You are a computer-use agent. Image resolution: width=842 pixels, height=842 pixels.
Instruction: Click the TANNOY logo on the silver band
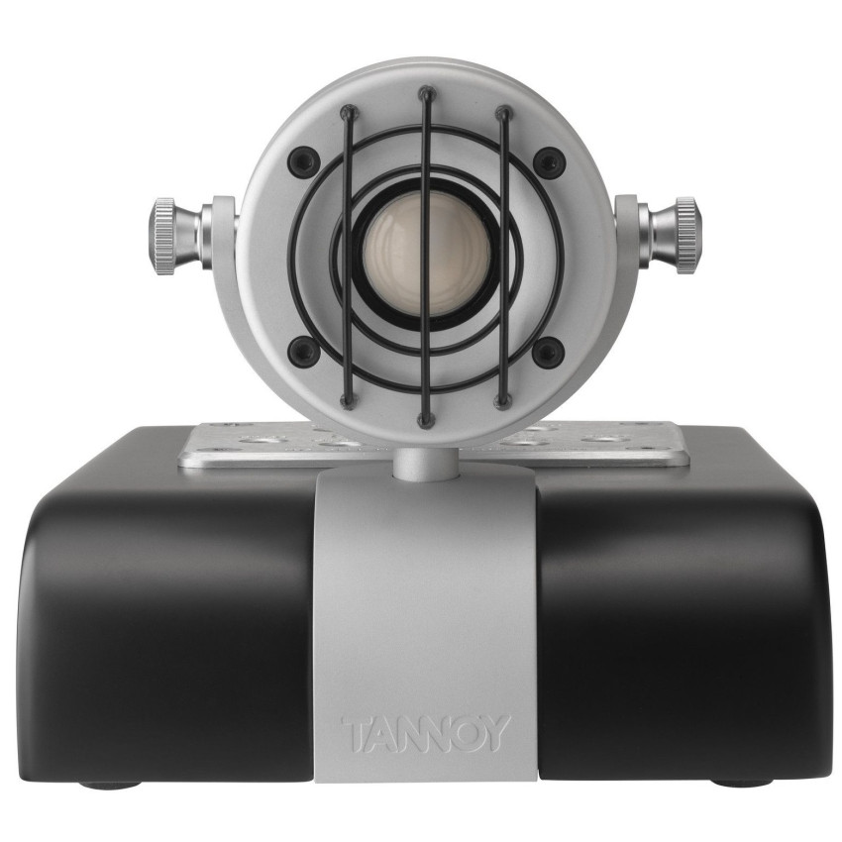click(426, 734)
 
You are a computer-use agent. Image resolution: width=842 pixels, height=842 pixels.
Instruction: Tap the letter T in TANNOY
click(355, 734)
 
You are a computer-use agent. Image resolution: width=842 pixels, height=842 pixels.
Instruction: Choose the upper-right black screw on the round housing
click(548, 159)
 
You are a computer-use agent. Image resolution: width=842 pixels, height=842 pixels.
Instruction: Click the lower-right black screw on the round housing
click(548, 350)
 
